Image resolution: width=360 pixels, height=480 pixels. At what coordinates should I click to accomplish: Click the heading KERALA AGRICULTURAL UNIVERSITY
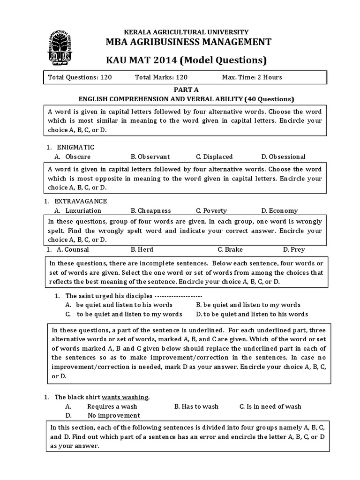pos(186,32)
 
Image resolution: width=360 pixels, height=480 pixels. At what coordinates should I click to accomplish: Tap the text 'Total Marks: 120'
pos(161,77)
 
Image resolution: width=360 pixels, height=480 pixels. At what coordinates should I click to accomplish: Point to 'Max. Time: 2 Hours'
pos(252,77)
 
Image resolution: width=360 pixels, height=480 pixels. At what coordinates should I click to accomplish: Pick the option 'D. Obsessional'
pos(283,157)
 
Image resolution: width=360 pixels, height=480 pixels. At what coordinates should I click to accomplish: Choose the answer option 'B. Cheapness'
pos(150,210)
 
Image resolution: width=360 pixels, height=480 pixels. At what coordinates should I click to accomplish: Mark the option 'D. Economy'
pos(279,210)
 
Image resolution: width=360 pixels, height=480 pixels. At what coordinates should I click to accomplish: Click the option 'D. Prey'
pos(293,249)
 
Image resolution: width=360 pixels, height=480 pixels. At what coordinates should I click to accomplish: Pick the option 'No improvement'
pos(113,415)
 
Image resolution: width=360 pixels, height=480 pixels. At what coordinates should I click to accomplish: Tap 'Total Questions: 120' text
pos(80,77)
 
